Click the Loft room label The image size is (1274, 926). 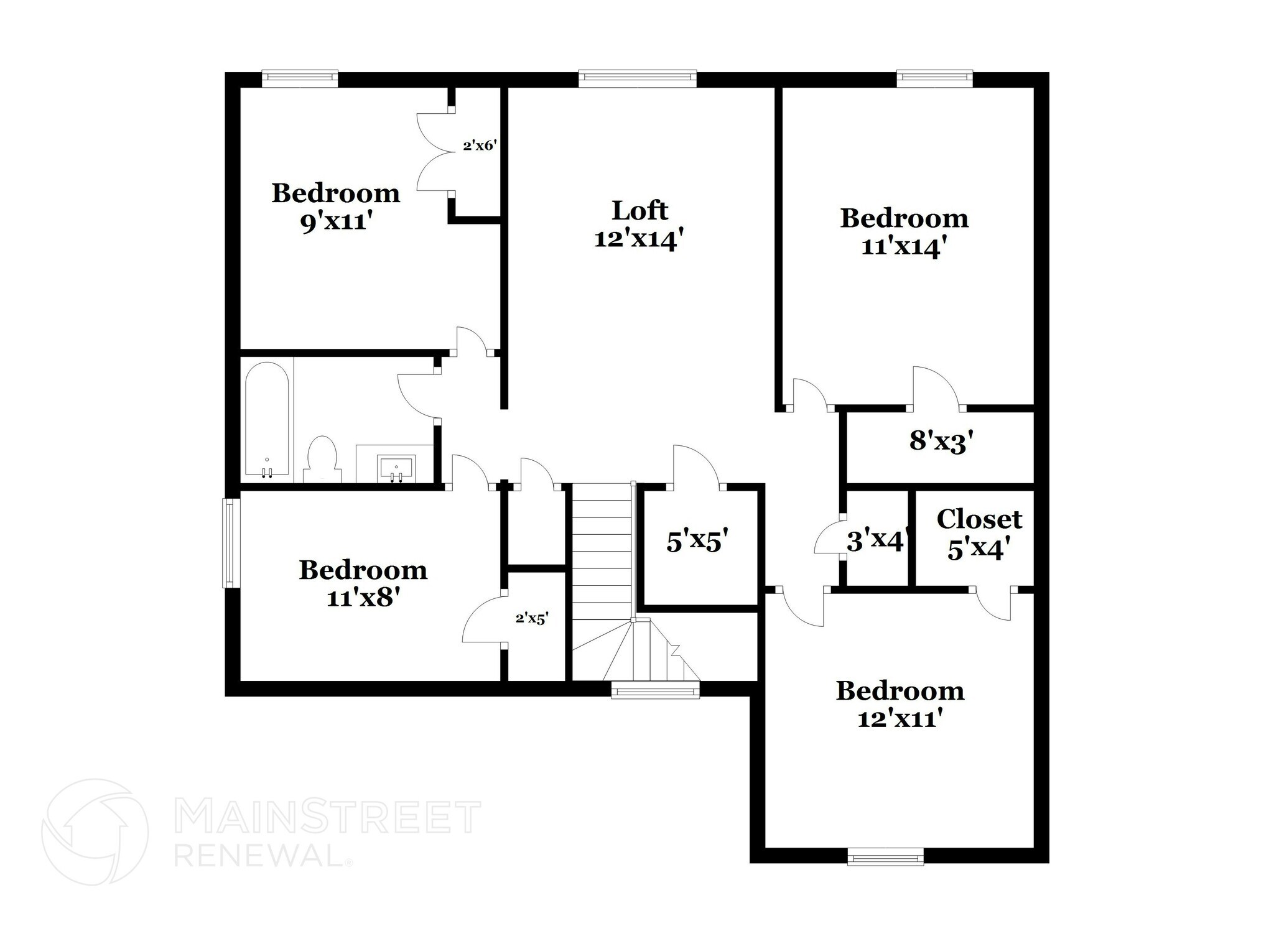pos(639,211)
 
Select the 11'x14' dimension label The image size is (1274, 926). pos(904,247)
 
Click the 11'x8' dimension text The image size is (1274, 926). pos(363,598)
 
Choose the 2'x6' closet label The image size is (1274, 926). pos(479,146)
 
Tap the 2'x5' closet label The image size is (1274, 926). pos(532,618)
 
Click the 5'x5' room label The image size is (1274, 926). pos(697,542)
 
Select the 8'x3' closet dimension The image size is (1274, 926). pos(941,442)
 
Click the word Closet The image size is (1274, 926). pos(979,519)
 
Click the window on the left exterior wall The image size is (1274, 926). pos(231,543)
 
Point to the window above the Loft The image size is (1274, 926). pos(637,78)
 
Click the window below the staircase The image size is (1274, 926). pos(654,690)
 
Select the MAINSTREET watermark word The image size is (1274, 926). pos(327,817)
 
